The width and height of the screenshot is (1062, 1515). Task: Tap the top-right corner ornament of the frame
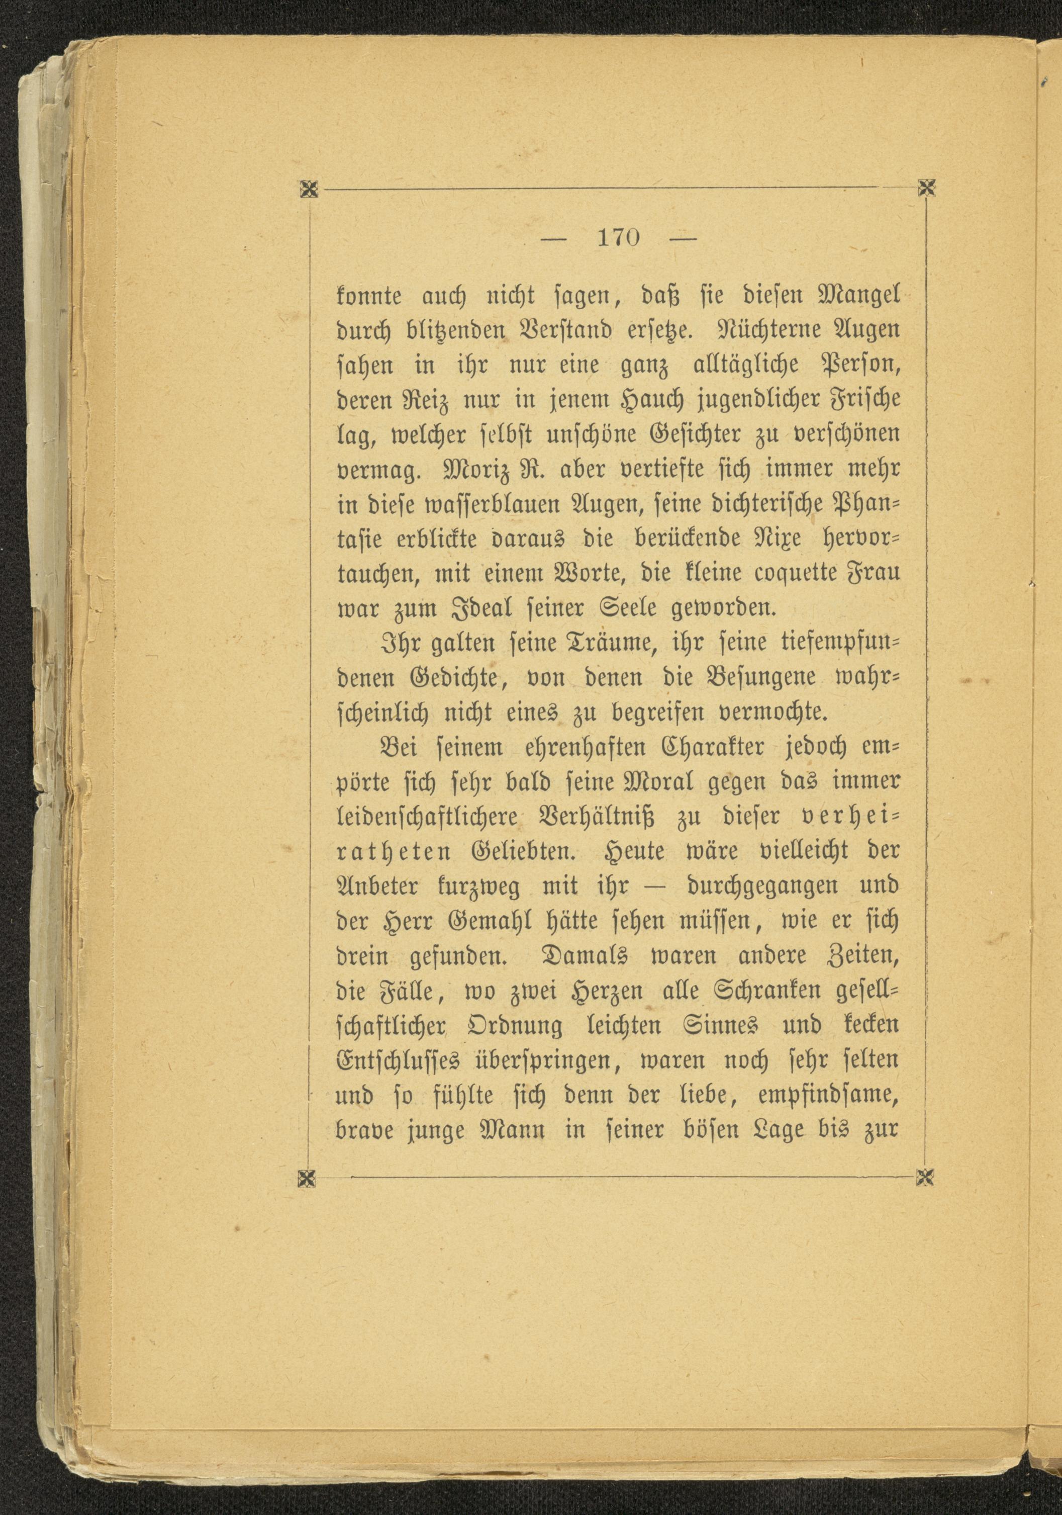[927, 189]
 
